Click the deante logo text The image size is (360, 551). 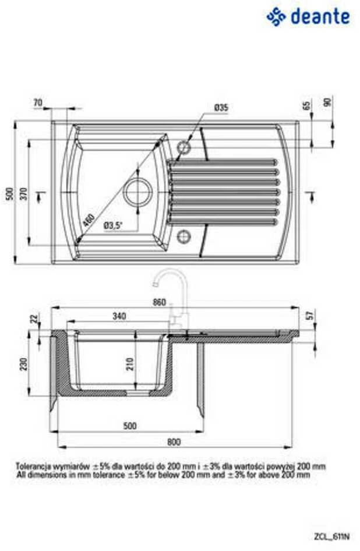(x=320, y=17)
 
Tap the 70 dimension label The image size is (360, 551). (x=38, y=103)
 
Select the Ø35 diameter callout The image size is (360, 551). (x=221, y=108)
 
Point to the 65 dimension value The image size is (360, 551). (x=306, y=105)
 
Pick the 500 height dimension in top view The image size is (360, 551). (x=10, y=193)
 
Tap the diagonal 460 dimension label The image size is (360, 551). (x=89, y=220)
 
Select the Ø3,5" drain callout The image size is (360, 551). (x=113, y=225)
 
